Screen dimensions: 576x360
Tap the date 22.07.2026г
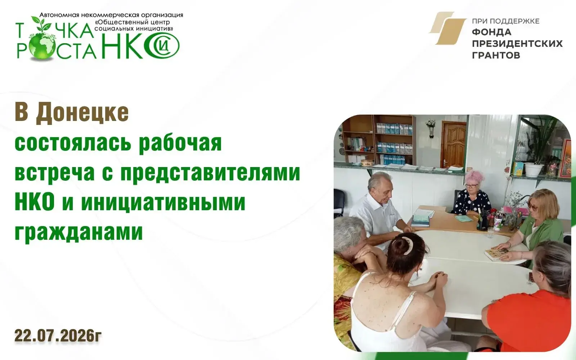[x=58, y=336]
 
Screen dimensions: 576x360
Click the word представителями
[x=210, y=173]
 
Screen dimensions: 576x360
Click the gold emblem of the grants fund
[x=447, y=28]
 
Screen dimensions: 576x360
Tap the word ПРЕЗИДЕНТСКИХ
[x=517, y=44]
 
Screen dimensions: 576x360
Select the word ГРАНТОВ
[x=496, y=55]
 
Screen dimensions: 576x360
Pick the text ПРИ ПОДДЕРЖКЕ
[x=506, y=21]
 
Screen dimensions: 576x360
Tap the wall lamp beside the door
[x=431, y=127]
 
